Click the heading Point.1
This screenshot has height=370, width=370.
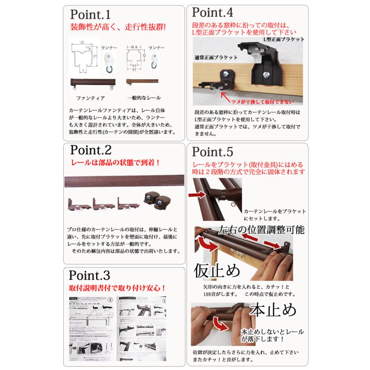(x=90, y=15)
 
